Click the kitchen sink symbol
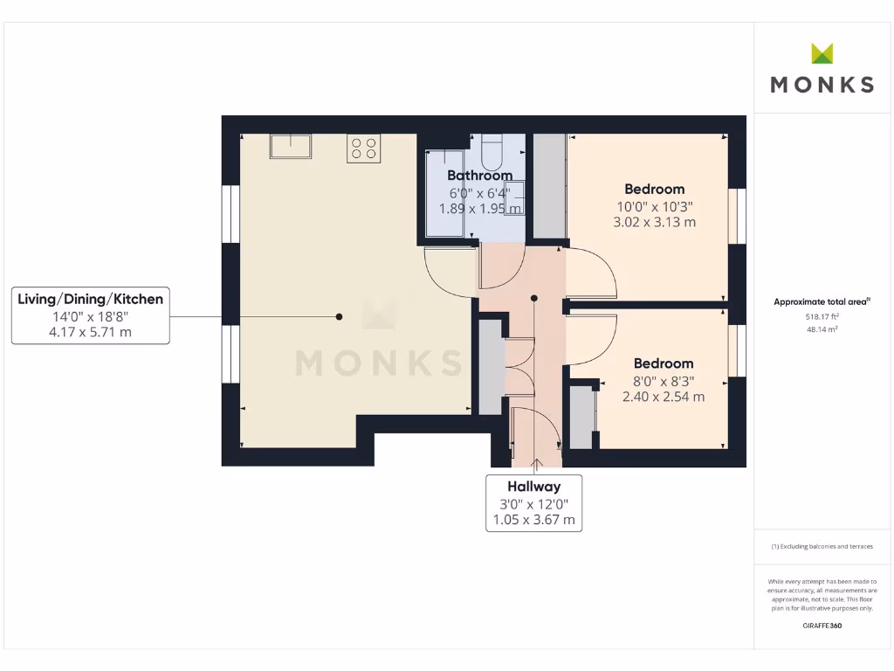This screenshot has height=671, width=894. click(x=291, y=146)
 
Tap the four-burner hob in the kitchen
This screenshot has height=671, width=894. click(x=363, y=149)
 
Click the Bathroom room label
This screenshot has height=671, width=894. click(x=479, y=176)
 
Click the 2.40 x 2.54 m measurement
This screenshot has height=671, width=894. click(x=664, y=397)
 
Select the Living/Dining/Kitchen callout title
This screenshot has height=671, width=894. click(x=91, y=299)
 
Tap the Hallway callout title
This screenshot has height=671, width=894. click(x=534, y=487)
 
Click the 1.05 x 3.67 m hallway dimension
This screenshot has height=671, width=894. click(x=534, y=520)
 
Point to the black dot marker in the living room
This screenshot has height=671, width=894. click(x=340, y=316)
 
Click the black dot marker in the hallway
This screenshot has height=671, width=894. click(x=534, y=299)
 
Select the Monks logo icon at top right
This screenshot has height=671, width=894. click(x=822, y=53)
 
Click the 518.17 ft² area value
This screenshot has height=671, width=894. click(x=822, y=318)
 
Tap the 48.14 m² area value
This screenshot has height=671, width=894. click(x=822, y=330)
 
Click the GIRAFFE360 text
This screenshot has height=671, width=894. click(x=822, y=626)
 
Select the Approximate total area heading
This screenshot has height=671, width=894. click(x=822, y=302)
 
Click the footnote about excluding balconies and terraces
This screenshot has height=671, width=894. click(x=822, y=546)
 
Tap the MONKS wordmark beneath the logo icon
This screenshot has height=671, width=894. click(x=822, y=85)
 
